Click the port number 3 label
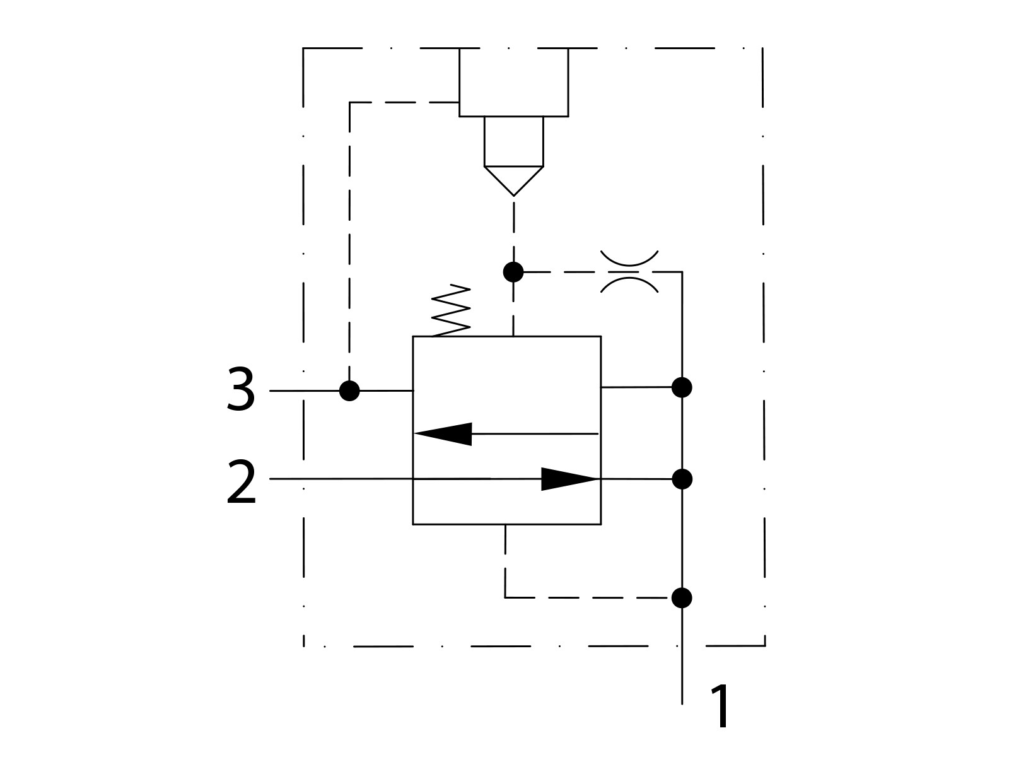click(241, 390)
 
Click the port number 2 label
click(242, 482)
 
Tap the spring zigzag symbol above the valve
click(451, 311)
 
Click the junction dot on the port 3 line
click(349, 391)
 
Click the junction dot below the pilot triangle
click(513, 272)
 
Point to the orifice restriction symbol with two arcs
click(629, 272)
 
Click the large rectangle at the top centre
click(513, 82)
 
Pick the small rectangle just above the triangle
click(513, 141)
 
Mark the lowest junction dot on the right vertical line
click(682, 597)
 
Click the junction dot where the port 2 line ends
click(682, 479)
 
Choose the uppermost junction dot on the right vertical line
click(682, 387)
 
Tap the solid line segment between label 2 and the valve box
click(341, 479)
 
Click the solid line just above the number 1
click(682, 669)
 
